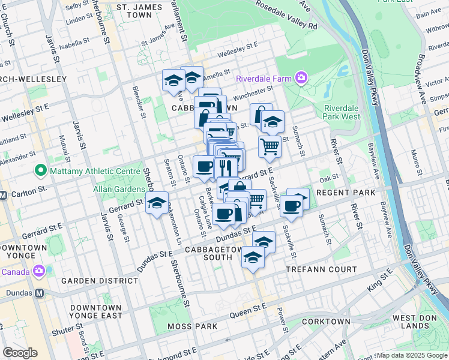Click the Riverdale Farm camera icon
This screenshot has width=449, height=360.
pos(301,78)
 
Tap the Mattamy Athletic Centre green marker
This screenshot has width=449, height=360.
pos(41,171)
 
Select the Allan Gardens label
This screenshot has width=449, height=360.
pos(115,189)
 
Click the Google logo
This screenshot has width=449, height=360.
pos(20,353)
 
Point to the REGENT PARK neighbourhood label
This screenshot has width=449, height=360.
pos(345,192)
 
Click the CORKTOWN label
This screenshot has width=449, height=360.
pos(327,322)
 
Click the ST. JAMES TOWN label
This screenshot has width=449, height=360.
pos(134,10)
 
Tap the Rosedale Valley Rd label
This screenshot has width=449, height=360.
pos(286,15)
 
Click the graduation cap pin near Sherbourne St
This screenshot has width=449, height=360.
pos(157,203)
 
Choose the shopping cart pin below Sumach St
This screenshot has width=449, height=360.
pos(270,146)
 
